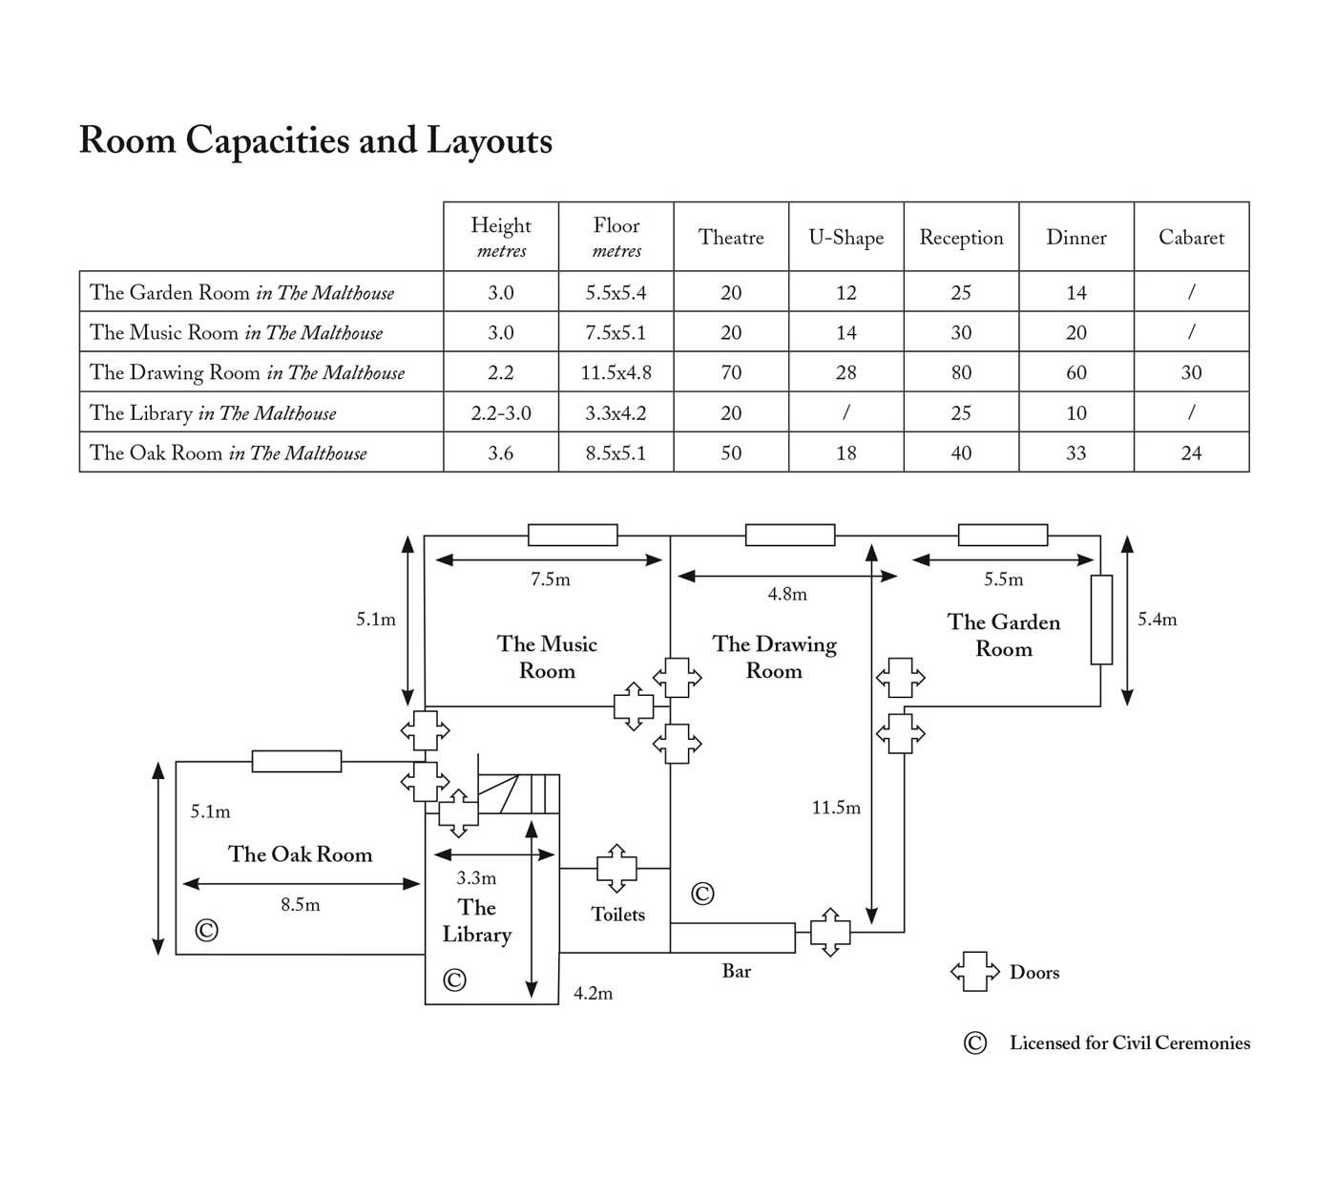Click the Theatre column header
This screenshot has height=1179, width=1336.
pyautogui.click(x=731, y=237)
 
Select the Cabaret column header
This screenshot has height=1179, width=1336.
pyautogui.click(x=1191, y=237)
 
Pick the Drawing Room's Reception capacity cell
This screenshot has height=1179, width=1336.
pyautogui.click(x=961, y=372)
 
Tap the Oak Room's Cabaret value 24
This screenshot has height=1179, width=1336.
pyautogui.click(x=1191, y=453)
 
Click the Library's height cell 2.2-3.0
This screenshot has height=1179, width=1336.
pyautogui.click(x=500, y=412)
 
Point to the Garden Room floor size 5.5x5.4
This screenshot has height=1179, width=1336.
pyautogui.click(x=616, y=292)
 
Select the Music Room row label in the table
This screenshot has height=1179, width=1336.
pyautogui.click(x=236, y=332)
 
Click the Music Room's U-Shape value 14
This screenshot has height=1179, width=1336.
pyautogui.click(x=846, y=332)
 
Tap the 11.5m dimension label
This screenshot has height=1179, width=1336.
pyautogui.click(x=836, y=808)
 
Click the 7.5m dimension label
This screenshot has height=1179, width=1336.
pyautogui.click(x=550, y=579)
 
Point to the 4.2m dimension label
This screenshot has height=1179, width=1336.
pyautogui.click(x=593, y=993)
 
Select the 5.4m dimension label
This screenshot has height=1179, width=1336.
pyautogui.click(x=1157, y=619)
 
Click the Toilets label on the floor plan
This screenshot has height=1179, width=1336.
pyautogui.click(x=617, y=914)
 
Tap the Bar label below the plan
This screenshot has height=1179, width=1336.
pyautogui.click(x=736, y=971)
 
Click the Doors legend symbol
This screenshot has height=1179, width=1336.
pyautogui.click(x=974, y=971)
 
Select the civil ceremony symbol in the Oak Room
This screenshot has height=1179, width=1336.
pyautogui.click(x=206, y=930)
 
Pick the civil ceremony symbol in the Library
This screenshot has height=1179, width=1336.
pyautogui.click(x=454, y=979)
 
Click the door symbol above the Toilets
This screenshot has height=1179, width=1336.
pyautogui.click(x=616, y=868)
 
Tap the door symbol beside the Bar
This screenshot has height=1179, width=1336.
pyautogui.click(x=830, y=933)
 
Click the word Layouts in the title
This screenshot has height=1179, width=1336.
pyautogui.click(x=490, y=141)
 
